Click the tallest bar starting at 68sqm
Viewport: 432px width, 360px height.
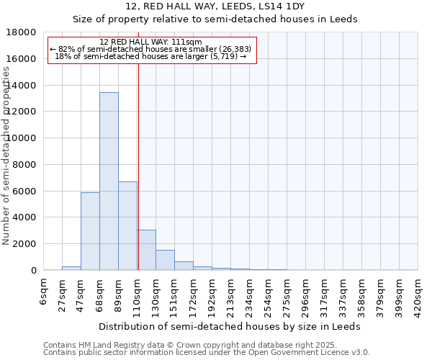(x=109, y=181)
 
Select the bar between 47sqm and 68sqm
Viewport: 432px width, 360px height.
(x=90, y=231)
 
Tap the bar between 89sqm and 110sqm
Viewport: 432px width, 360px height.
(x=127, y=226)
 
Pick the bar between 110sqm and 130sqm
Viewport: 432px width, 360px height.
(x=146, y=250)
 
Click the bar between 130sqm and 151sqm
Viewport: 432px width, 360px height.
(x=165, y=260)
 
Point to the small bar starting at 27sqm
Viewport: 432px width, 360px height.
(x=71, y=268)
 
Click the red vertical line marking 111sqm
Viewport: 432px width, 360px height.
(x=138, y=166)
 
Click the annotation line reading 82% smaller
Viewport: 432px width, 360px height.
(x=151, y=49)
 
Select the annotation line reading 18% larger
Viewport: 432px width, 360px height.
(x=151, y=56)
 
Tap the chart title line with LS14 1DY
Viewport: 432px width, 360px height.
(x=215, y=6)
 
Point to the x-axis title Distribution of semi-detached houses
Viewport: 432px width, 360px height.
(x=230, y=326)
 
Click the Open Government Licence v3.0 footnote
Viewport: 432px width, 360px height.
(x=207, y=353)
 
